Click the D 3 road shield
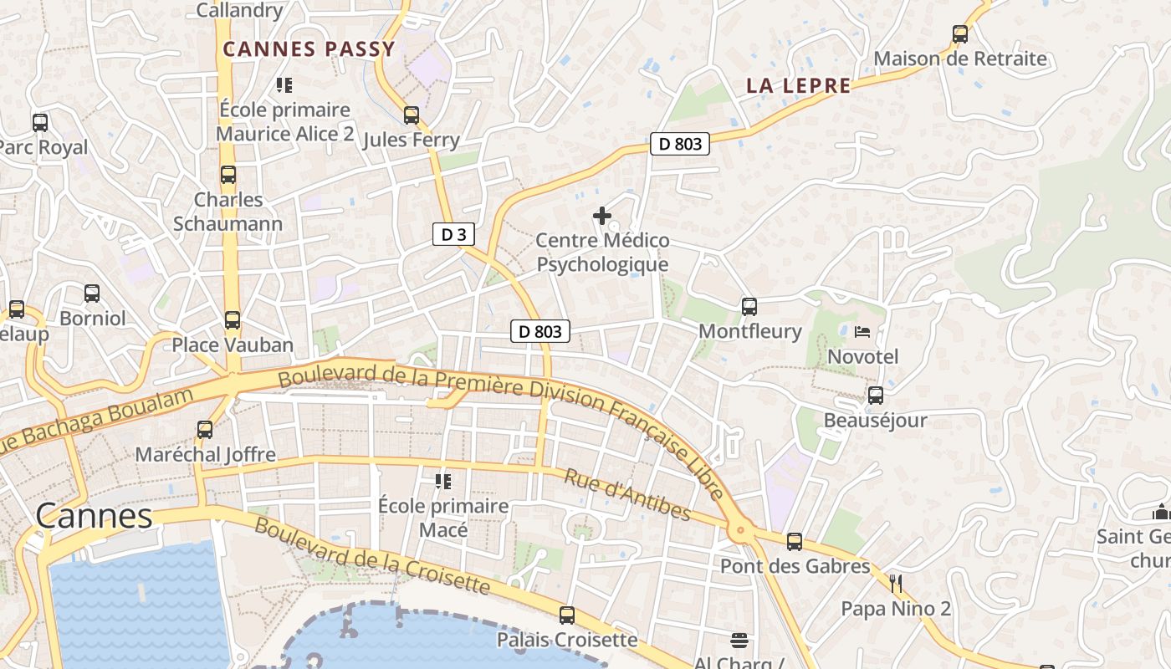453,235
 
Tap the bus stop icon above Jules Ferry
411,115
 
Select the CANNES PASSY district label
309,49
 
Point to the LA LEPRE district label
798,85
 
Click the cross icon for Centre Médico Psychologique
601,216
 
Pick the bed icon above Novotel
862,332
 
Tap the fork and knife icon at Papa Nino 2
896,583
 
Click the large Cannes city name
94,516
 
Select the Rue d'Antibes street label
627,494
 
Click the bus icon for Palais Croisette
567,615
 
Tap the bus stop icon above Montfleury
749,307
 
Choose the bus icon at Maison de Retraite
960,34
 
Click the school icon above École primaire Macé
442,482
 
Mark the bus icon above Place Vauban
233,320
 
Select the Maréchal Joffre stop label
206,455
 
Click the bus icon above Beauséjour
875,396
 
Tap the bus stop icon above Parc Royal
40,123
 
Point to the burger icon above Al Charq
739,641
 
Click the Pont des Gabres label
795,566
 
